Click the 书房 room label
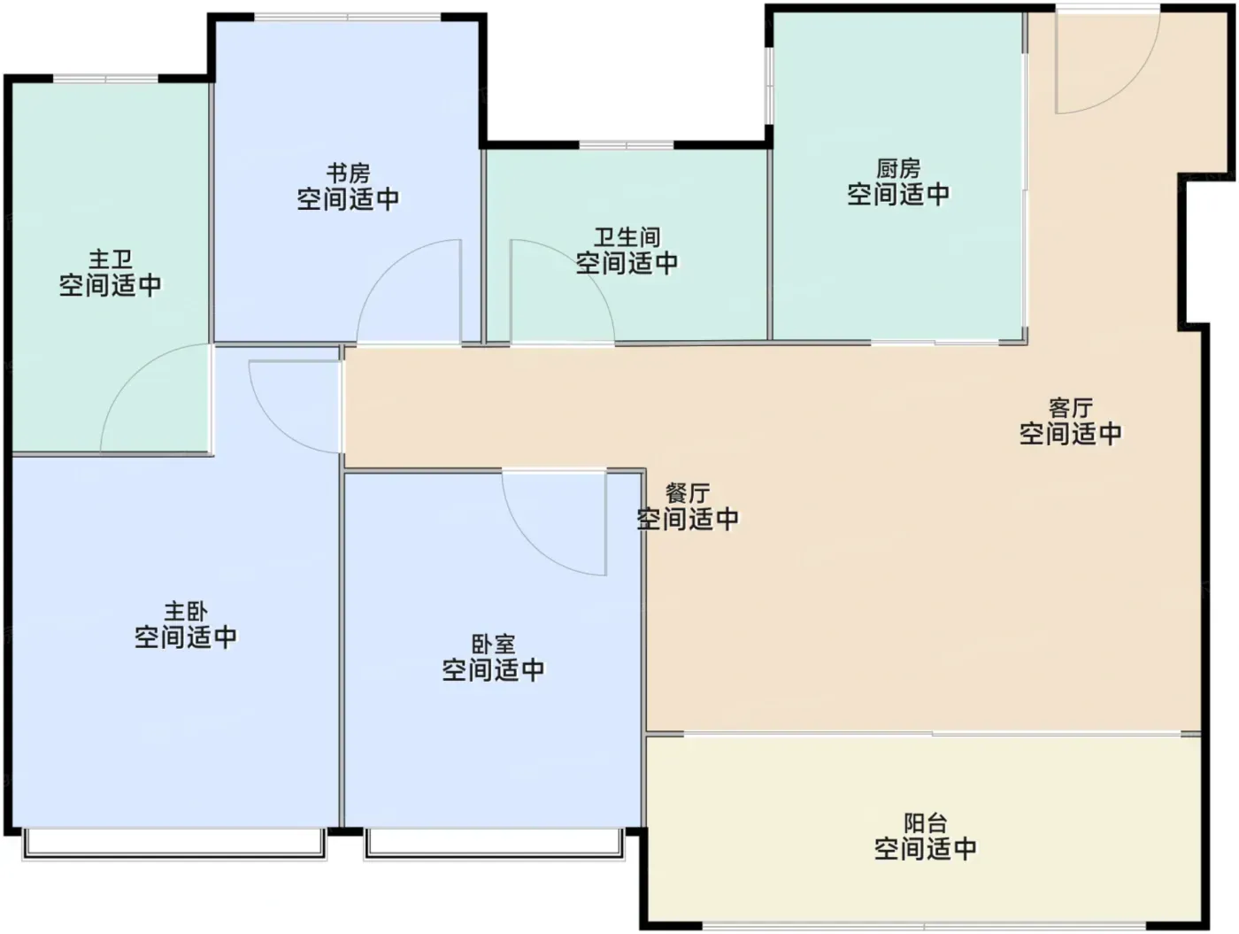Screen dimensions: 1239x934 (349, 174)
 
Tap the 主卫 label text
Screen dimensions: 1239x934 (111, 259)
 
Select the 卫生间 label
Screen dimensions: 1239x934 (627, 238)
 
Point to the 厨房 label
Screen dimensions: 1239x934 (898, 169)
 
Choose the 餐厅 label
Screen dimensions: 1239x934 (688, 493)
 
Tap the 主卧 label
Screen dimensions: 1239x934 (186, 612)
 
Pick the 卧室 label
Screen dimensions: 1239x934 (493, 645)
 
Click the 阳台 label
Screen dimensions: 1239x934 (925, 822)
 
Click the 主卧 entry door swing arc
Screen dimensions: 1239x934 (278, 422)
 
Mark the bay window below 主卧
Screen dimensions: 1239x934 (173, 845)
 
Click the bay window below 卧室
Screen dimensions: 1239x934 (495, 845)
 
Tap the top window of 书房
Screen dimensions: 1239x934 (348, 17)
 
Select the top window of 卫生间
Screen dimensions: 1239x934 (627, 145)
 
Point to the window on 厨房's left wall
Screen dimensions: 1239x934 (769, 85)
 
